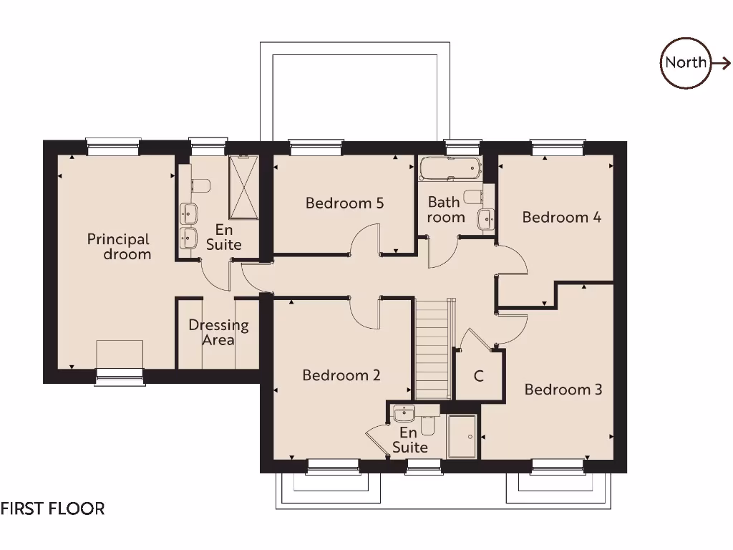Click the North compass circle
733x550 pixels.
pos(685,63)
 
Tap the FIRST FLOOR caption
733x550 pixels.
pos(52,508)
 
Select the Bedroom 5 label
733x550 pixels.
pos(344,203)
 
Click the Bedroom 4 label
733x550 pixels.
pos(561,217)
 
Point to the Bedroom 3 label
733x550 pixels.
pos(563,390)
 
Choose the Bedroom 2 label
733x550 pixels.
pos(341,375)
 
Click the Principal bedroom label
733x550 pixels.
pos(119,246)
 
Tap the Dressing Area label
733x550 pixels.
pos(218,332)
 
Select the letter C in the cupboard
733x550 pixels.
pos(478,376)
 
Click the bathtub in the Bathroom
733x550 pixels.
pos(450,170)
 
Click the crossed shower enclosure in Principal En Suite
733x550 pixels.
pos(243,186)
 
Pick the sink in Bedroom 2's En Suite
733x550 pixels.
pos(404,413)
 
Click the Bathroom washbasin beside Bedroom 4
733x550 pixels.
pos(486,218)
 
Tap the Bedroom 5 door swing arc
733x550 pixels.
pos(366,238)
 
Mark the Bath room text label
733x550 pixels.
pos(445,210)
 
